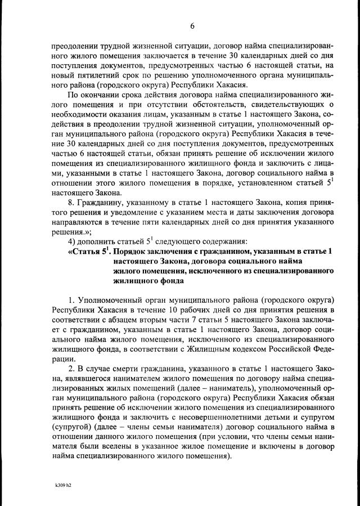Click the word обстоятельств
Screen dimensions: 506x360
236,105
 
